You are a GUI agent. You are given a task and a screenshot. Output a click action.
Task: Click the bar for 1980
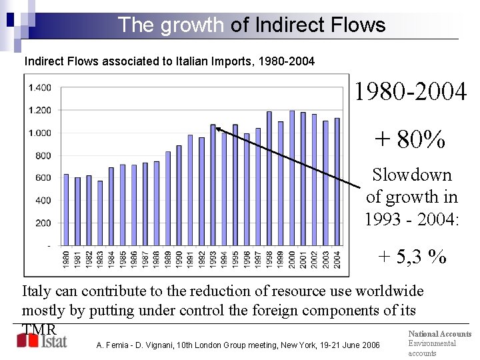[66, 210]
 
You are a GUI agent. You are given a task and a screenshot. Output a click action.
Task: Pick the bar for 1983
[100, 213]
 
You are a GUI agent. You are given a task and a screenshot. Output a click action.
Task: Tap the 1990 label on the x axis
[179, 260]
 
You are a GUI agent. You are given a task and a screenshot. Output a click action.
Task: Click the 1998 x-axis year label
[270, 260]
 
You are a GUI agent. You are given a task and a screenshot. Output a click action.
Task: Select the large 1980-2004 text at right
[410, 92]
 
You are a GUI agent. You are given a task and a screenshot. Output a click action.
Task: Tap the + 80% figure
[409, 139]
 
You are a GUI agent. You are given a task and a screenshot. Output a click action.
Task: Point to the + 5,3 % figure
[411, 255]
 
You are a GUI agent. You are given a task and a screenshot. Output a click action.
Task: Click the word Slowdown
[411, 175]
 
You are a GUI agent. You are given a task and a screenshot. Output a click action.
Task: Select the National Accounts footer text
[439, 333]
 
